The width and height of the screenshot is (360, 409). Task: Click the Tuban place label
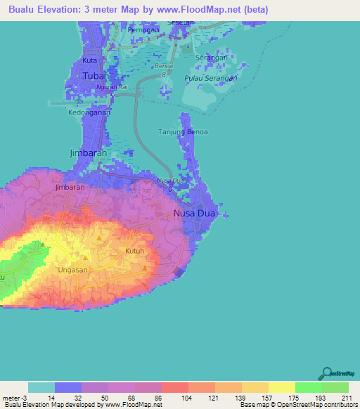coord(94,76)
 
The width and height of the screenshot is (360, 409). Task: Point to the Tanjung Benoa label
coord(183,131)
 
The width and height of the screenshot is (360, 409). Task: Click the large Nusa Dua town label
coord(195,213)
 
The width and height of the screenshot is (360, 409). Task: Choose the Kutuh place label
coord(134,251)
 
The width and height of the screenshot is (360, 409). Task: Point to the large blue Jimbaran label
coord(88,152)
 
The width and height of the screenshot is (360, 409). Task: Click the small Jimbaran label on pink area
coord(70,188)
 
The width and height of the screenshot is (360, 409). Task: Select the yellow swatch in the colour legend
coord(281,387)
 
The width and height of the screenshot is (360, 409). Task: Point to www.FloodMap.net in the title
coord(211,10)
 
